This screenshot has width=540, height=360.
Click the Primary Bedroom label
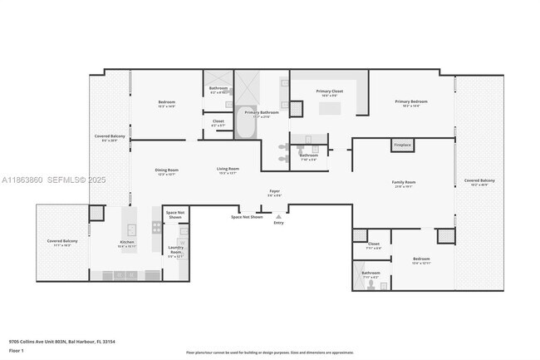pos(410,103)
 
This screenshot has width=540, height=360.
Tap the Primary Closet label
pos(329,91)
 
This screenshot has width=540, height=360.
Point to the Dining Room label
pos(166,171)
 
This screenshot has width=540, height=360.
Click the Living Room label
pos(228,171)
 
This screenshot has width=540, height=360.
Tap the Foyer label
pos(273,192)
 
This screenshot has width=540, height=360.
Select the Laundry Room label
pos(175,251)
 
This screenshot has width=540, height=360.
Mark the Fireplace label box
pos(402,145)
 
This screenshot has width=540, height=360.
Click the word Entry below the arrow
pos(278,223)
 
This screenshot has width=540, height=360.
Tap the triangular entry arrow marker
pos(278,215)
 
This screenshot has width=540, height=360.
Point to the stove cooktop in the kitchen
pos(155,227)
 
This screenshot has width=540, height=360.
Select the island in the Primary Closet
pos(330,108)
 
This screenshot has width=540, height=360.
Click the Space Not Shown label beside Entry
pos(247,217)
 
